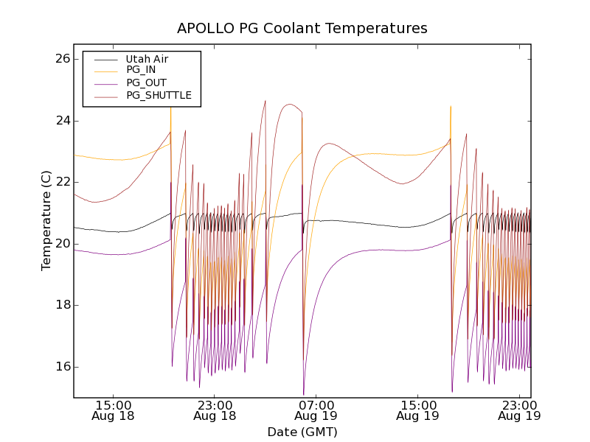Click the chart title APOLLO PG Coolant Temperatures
coord(302,29)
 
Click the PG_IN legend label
coord(141,70)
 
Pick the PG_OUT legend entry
coord(145,83)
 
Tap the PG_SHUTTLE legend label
coord(159,95)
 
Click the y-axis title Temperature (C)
coord(46,221)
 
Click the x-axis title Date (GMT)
coord(302,432)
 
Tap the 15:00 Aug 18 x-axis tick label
coord(114,410)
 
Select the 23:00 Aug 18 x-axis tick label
coord(215,410)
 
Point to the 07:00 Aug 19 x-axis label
coord(316,410)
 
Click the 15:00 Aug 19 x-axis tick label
coord(418,410)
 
